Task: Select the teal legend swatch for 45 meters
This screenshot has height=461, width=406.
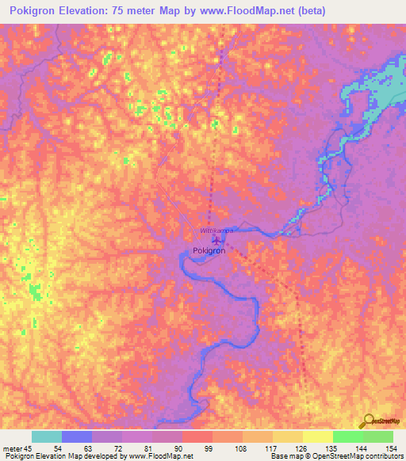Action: pos(47,436)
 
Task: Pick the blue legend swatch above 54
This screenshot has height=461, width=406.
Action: pos(77,436)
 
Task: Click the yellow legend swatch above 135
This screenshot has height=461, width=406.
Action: pos(317,436)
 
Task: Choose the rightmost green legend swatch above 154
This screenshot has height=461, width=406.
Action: pos(377,436)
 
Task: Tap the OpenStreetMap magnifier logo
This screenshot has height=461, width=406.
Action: pos(367,421)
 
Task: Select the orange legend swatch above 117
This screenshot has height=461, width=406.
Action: pos(257,436)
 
